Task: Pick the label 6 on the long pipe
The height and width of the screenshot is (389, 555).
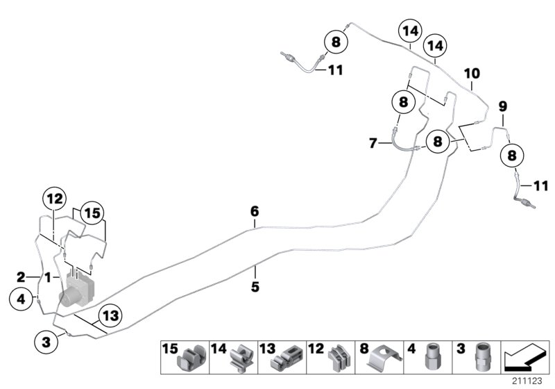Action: pos(255,210)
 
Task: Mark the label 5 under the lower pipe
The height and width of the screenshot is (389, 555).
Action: pos(255,285)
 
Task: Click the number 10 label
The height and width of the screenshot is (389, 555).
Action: pos(471,73)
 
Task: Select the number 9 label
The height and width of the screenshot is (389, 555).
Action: pos(502,106)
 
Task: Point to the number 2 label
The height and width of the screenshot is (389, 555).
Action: pos(21,276)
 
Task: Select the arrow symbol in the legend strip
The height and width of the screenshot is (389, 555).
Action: pos(524,358)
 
